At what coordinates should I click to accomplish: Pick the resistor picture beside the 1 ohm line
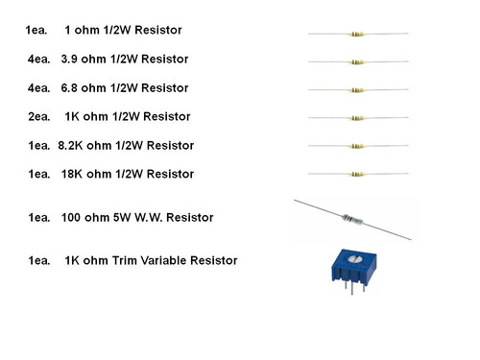357,35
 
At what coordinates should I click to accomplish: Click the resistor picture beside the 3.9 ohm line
357,63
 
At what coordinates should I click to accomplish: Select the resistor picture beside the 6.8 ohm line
357,91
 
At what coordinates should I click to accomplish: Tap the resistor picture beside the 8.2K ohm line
357,147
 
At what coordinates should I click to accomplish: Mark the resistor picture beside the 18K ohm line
357,175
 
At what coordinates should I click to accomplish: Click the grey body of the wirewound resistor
355,221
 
